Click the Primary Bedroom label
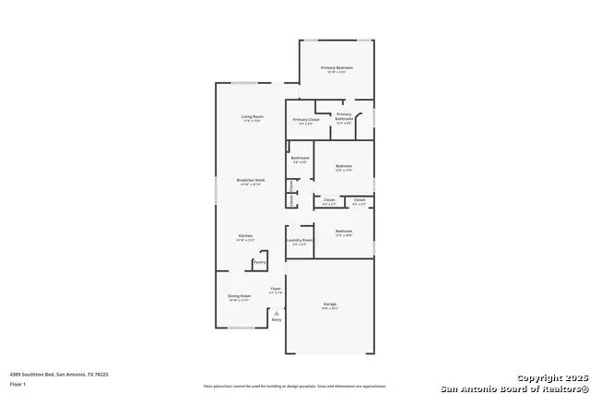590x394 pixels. (336, 68)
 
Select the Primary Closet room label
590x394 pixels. (306, 120)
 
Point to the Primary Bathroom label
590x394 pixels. (344, 115)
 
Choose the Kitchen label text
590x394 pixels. (245, 235)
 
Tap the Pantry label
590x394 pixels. (260, 262)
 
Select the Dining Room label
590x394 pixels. (239, 295)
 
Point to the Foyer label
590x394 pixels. (275, 289)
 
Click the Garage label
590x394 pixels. (330, 304)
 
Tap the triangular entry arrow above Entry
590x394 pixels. (276, 313)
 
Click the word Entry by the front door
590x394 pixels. (276, 320)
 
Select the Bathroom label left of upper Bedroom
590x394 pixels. (300, 158)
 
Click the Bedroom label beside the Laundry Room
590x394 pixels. (344, 231)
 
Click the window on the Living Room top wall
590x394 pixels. (244, 84)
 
